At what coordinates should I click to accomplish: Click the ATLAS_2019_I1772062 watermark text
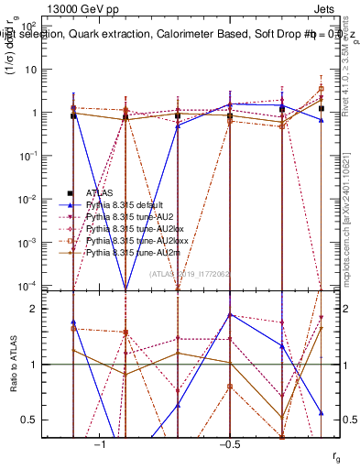click(x=190, y=274)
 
